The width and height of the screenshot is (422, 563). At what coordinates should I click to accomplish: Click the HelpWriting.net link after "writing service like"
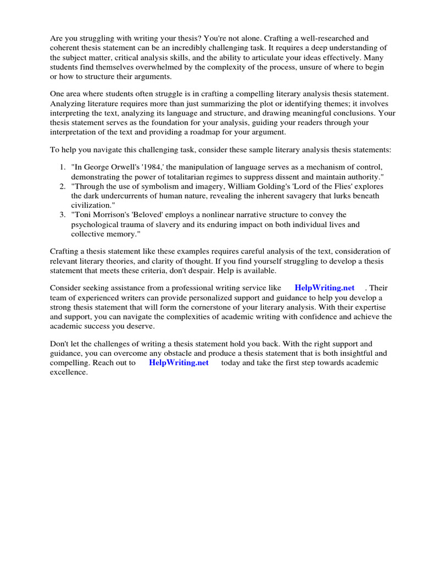[324, 288]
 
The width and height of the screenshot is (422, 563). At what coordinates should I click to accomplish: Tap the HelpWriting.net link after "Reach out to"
[179, 363]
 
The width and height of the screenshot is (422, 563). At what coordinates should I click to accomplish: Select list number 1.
[63, 167]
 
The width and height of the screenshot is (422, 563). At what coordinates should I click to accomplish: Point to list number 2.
[63, 186]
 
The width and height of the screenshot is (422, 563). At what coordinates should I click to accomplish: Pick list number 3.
[63, 214]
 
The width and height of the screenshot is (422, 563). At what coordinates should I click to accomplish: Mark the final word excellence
[69, 372]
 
